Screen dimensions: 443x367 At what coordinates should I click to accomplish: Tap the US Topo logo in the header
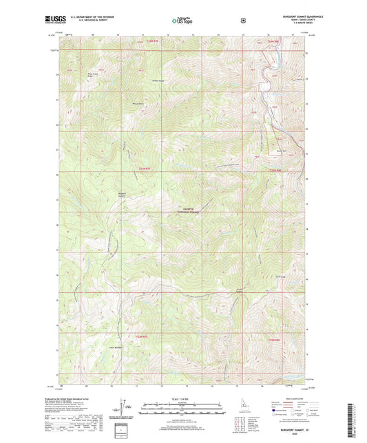tap(182, 22)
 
